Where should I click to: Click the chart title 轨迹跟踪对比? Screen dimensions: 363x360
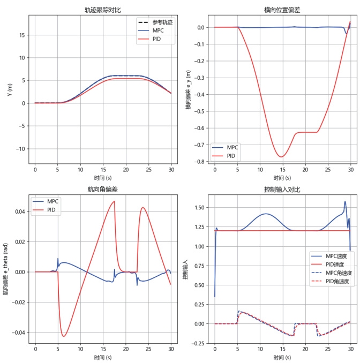tap(102, 10)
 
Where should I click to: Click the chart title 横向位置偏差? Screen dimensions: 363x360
tap(282, 10)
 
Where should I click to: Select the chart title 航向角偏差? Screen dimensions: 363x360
tap(102, 189)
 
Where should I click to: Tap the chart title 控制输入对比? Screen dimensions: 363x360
tap(282, 189)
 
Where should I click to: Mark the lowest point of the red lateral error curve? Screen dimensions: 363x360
tap(281, 157)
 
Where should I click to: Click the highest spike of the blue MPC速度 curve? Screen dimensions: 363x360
tap(345, 201)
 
